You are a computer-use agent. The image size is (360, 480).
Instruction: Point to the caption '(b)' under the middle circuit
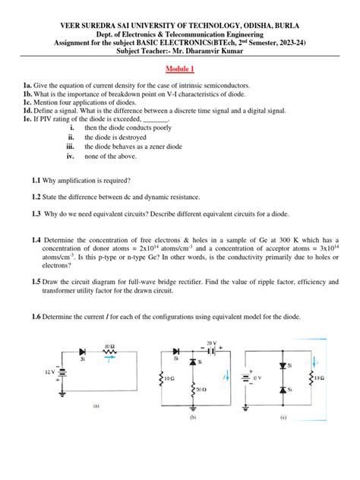[x=193, y=418]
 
